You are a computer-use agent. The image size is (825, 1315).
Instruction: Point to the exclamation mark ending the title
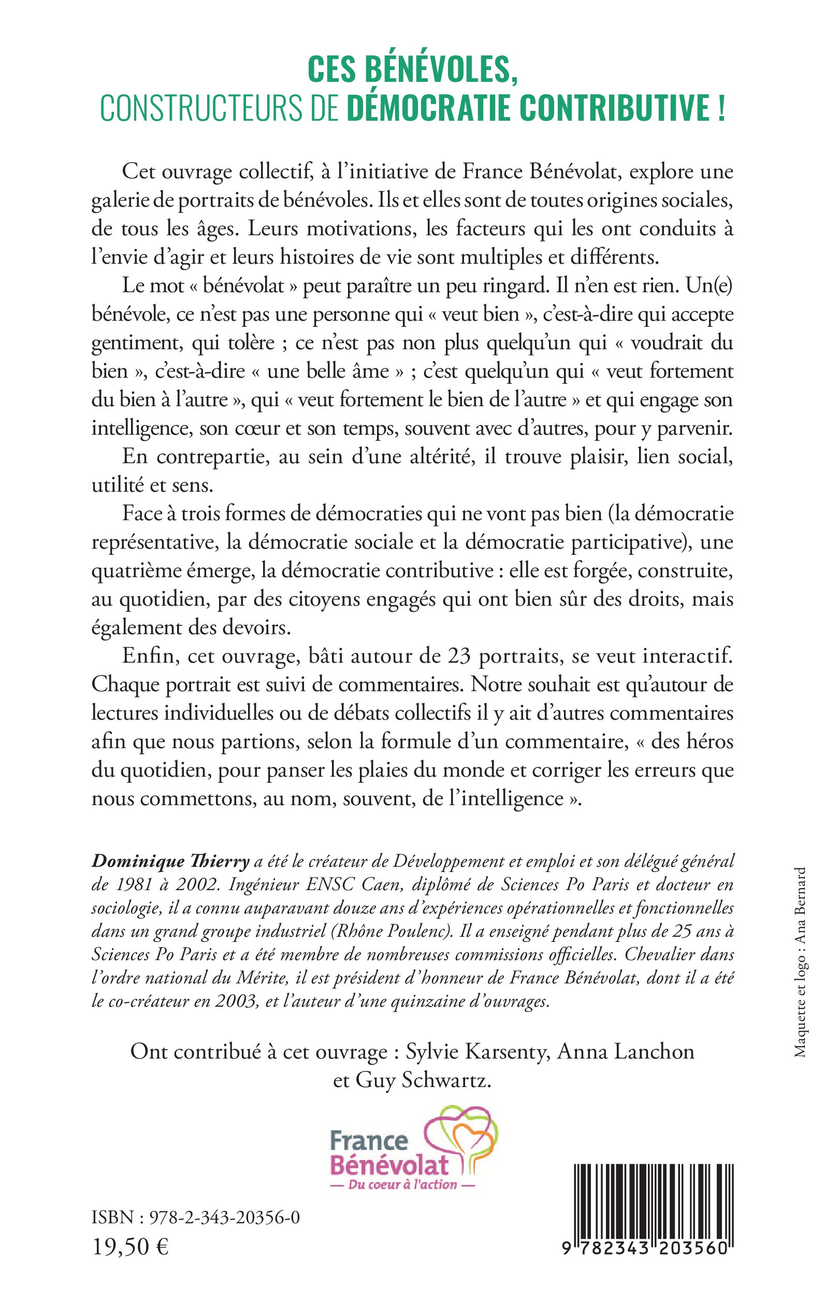click(x=721, y=108)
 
